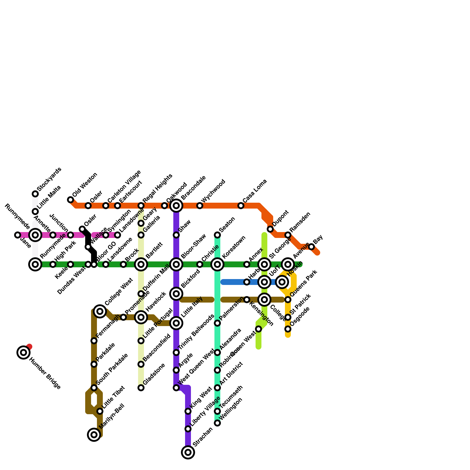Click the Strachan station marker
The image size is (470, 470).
click(x=188, y=452)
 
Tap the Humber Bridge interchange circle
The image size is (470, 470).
click(x=23, y=352)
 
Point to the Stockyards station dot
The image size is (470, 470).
click(x=35, y=194)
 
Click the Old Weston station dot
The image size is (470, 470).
click(x=70, y=200)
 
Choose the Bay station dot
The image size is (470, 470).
click(x=311, y=247)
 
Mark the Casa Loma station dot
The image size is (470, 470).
click(x=241, y=206)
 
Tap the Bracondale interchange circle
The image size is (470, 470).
click(x=176, y=206)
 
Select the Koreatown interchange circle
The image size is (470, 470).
click(x=217, y=264)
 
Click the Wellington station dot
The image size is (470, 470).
click(x=217, y=423)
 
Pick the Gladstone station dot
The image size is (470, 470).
click(x=141, y=388)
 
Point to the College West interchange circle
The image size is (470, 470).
click(x=100, y=311)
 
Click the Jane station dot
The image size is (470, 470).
click(x=18, y=235)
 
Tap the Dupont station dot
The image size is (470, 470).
click(x=270, y=229)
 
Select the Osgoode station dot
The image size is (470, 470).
click(x=288, y=329)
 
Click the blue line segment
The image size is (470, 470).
click(x=235, y=282)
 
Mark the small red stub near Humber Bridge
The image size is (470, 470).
click(x=29, y=347)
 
